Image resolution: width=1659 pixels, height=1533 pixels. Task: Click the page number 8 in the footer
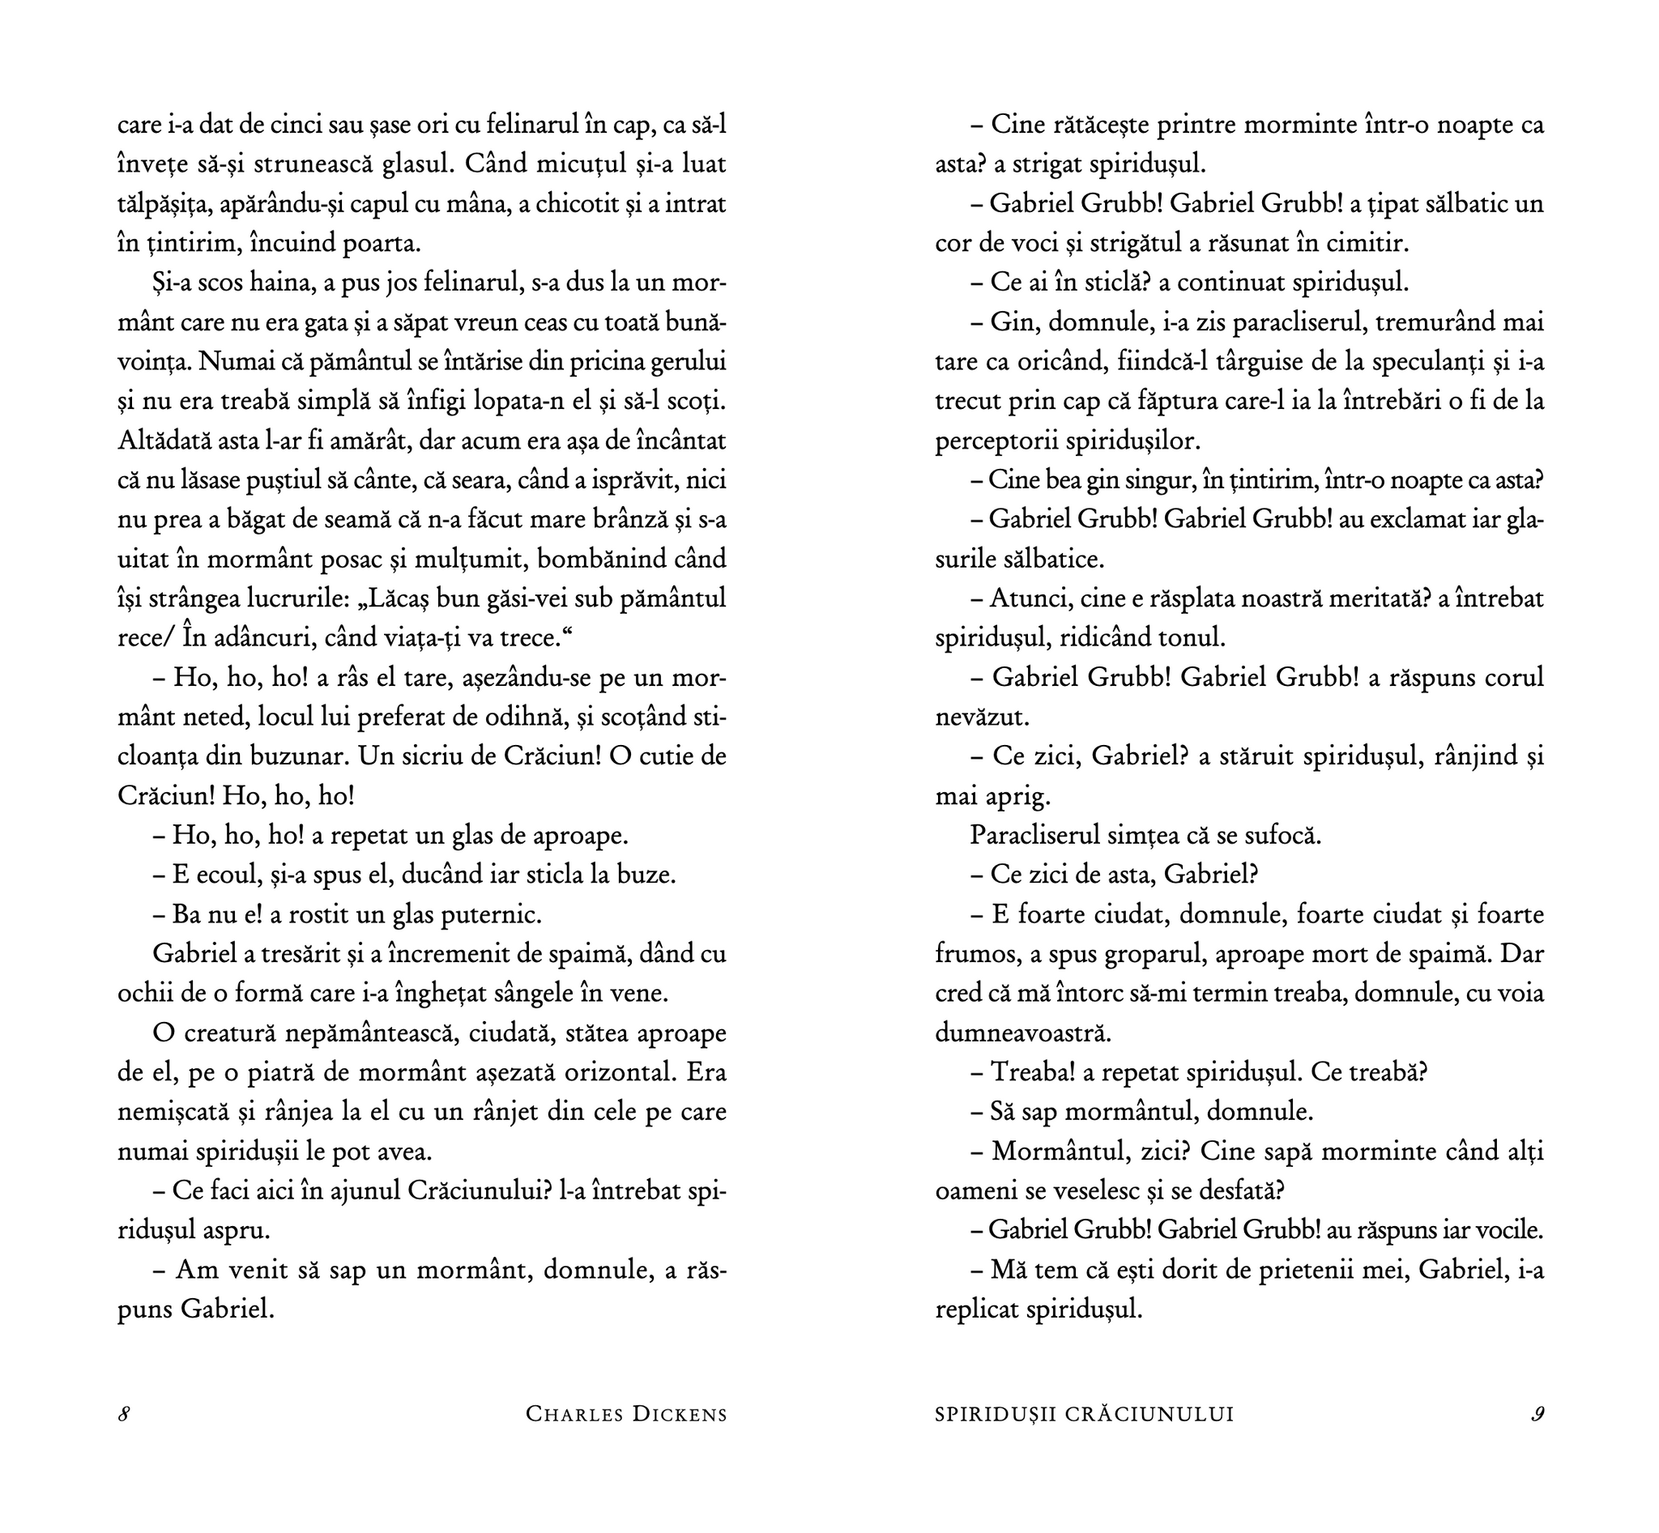pyautogui.click(x=124, y=1415)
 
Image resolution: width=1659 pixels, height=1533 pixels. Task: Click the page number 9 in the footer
pyautogui.click(x=1537, y=1415)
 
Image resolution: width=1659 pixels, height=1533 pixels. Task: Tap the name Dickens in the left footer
pyautogui.click(x=679, y=1415)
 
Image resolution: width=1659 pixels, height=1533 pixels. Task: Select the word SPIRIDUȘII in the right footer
pyautogui.click(x=988, y=1415)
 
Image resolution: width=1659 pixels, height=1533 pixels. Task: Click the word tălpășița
pyautogui.click(x=170, y=205)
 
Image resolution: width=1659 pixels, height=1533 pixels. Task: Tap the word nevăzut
pyautogui.click(x=982, y=717)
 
